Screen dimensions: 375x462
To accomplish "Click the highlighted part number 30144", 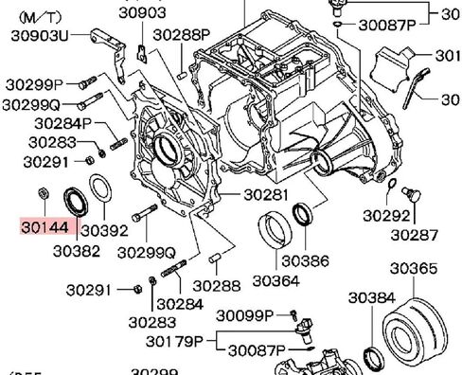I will (44, 228).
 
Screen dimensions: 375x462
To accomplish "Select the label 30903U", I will (37, 34).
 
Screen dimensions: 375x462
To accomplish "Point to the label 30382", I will (78, 251).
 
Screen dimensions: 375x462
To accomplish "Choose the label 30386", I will (304, 259).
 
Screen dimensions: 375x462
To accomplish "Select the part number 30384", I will (370, 297).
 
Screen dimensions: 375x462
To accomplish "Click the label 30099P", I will (243, 314).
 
